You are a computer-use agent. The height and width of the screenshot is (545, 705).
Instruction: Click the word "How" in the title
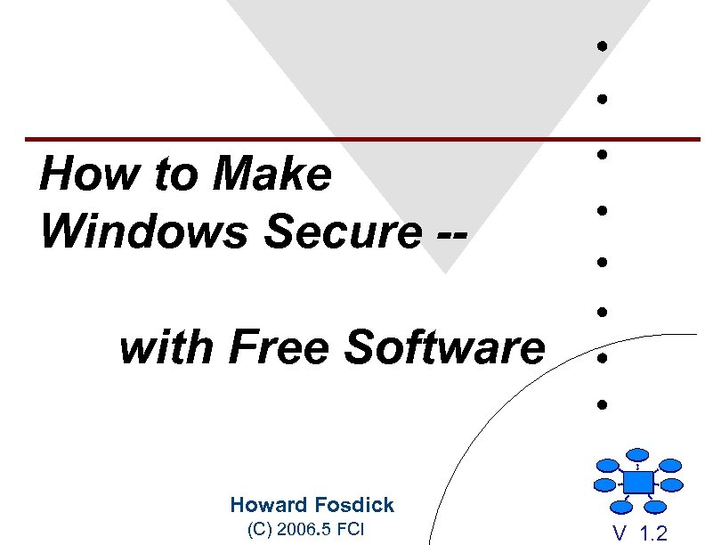point(74,175)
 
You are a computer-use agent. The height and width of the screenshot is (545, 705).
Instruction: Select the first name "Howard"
point(267,505)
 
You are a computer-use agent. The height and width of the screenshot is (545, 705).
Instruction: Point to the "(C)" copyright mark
point(258,531)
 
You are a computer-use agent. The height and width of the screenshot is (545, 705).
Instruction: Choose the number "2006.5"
point(304,531)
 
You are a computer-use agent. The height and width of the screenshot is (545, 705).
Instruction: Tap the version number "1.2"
point(653,533)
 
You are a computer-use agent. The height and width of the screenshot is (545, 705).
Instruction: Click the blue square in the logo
point(637,482)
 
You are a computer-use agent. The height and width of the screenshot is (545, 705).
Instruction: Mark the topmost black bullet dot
point(603,45)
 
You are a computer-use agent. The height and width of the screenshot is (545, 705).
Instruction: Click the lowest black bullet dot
point(603,405)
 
